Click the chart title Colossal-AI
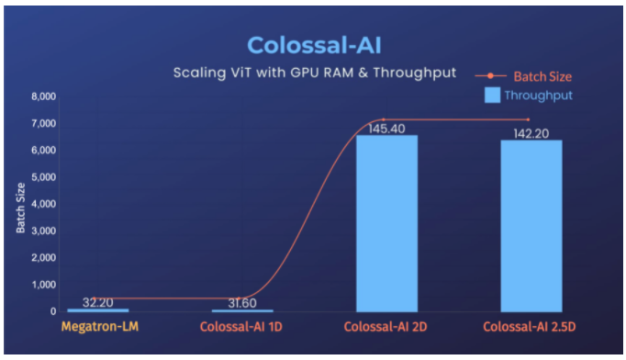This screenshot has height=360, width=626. click(313, 45)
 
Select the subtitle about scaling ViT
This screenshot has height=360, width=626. click(315, 73)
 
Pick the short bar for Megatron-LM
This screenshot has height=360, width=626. click(97, 309)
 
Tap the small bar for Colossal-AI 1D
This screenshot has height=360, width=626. click(242, 310)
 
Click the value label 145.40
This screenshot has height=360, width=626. click(386, 129)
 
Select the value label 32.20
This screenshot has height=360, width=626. click(97, 300)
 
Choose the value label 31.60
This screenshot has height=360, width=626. click(242, 301)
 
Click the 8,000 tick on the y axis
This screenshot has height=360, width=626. click(44, 96)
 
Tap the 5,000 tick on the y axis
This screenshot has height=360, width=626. click(44, 176)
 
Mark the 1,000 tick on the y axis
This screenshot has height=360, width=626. click(44, 285)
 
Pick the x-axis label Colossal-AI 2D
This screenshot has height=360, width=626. click(386, 327)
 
